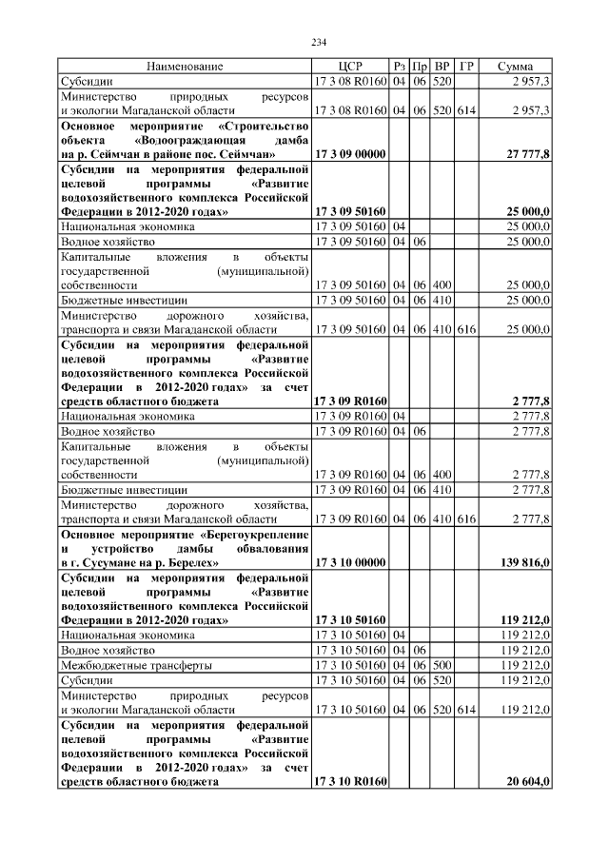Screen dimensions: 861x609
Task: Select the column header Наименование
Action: click(185, 67)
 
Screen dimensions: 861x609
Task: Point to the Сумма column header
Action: click(515, 67)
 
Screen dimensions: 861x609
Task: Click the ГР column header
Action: click(466, 67)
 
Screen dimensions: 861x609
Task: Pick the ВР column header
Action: click(442, 67)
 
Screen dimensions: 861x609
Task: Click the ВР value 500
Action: click(442, 664)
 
